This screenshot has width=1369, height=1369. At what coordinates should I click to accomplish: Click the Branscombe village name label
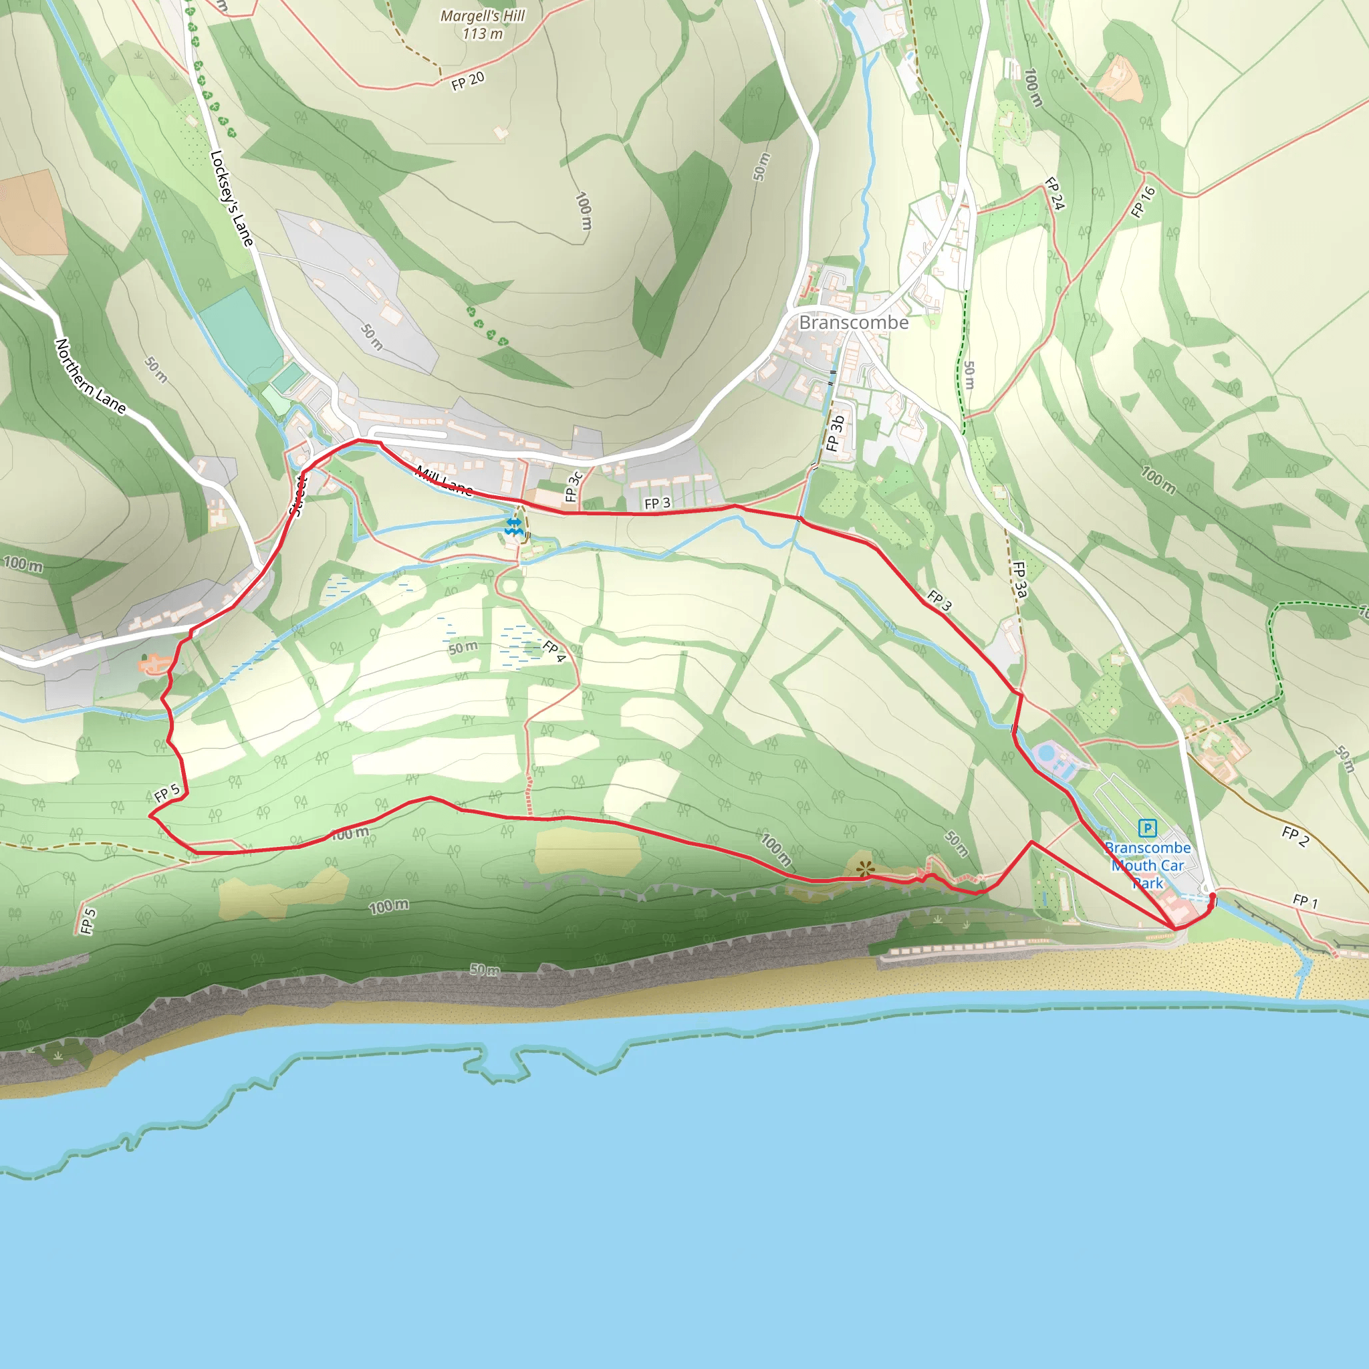(x=853, y=322)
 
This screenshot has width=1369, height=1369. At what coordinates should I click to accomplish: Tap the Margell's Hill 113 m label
(x=483, y=24)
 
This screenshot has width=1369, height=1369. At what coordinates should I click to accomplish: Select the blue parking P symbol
(x=1147, y=827)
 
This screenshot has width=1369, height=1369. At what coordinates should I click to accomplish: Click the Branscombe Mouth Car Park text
(x=1147, y=865)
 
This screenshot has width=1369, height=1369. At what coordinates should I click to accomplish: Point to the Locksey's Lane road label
(x=232, y=199)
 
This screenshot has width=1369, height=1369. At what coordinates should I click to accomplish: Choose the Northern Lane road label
(x=91, y=376)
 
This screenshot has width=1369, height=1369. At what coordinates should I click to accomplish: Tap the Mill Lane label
(x=445, y=481)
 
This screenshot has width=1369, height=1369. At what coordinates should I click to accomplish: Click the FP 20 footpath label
(x=468, y=81)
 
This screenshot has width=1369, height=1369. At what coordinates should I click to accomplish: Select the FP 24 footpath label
(x=1055, y=193)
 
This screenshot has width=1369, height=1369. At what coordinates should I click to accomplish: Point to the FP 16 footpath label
(x=1143, y=202)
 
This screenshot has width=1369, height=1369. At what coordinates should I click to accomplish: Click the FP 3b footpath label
(x=836, y=434)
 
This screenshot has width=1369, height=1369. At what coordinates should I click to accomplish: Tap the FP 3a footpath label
(x=1019, y=580)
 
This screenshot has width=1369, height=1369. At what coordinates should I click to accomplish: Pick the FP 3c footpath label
(x=574, y=486)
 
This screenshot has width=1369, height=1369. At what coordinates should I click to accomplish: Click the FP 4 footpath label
(x=554, y=650)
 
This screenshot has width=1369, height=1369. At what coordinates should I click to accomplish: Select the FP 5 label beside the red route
(x=167, y=793)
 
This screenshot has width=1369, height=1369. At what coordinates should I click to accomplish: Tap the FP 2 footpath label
(x=1295, y=836)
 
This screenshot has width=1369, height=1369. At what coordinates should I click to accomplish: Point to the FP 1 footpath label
(x=1305, y=901)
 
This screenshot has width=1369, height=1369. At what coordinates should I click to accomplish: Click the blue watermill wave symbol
(x=514, y=526)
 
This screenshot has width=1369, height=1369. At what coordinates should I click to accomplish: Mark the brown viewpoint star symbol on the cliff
(x=865, y=869)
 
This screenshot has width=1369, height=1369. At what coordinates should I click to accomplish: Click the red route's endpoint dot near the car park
(x=1212, y=898)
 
